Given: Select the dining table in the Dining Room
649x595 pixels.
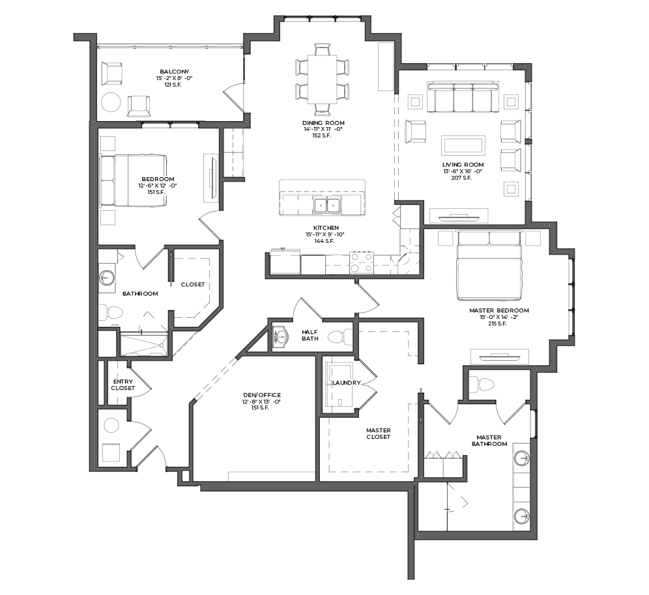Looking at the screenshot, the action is tap(322, 79).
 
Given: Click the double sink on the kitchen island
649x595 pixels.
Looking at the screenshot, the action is tap(327, 206).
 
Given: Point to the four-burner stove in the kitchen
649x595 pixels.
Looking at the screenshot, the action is tap(362, 262).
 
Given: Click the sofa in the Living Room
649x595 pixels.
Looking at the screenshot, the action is tap(463, 97).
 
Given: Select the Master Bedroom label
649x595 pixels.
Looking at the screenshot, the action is tap(498, 311).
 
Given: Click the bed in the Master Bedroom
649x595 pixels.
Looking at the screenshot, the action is tap(489, 266).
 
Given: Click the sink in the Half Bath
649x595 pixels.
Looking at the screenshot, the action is tap(281, 335).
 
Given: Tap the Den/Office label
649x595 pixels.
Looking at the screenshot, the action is tap(261, 395).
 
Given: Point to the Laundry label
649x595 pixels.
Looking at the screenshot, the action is tap(347, 383).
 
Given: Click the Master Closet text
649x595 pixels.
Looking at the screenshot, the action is tap(379, 434).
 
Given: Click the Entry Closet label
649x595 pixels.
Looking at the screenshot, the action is tap(123, 385).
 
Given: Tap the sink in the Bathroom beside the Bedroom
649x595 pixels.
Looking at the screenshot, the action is tap(108, 278).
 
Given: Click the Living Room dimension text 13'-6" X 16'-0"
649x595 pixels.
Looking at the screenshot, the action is tap(463, 171).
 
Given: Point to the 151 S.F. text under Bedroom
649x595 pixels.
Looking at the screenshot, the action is tap(158, 192).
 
